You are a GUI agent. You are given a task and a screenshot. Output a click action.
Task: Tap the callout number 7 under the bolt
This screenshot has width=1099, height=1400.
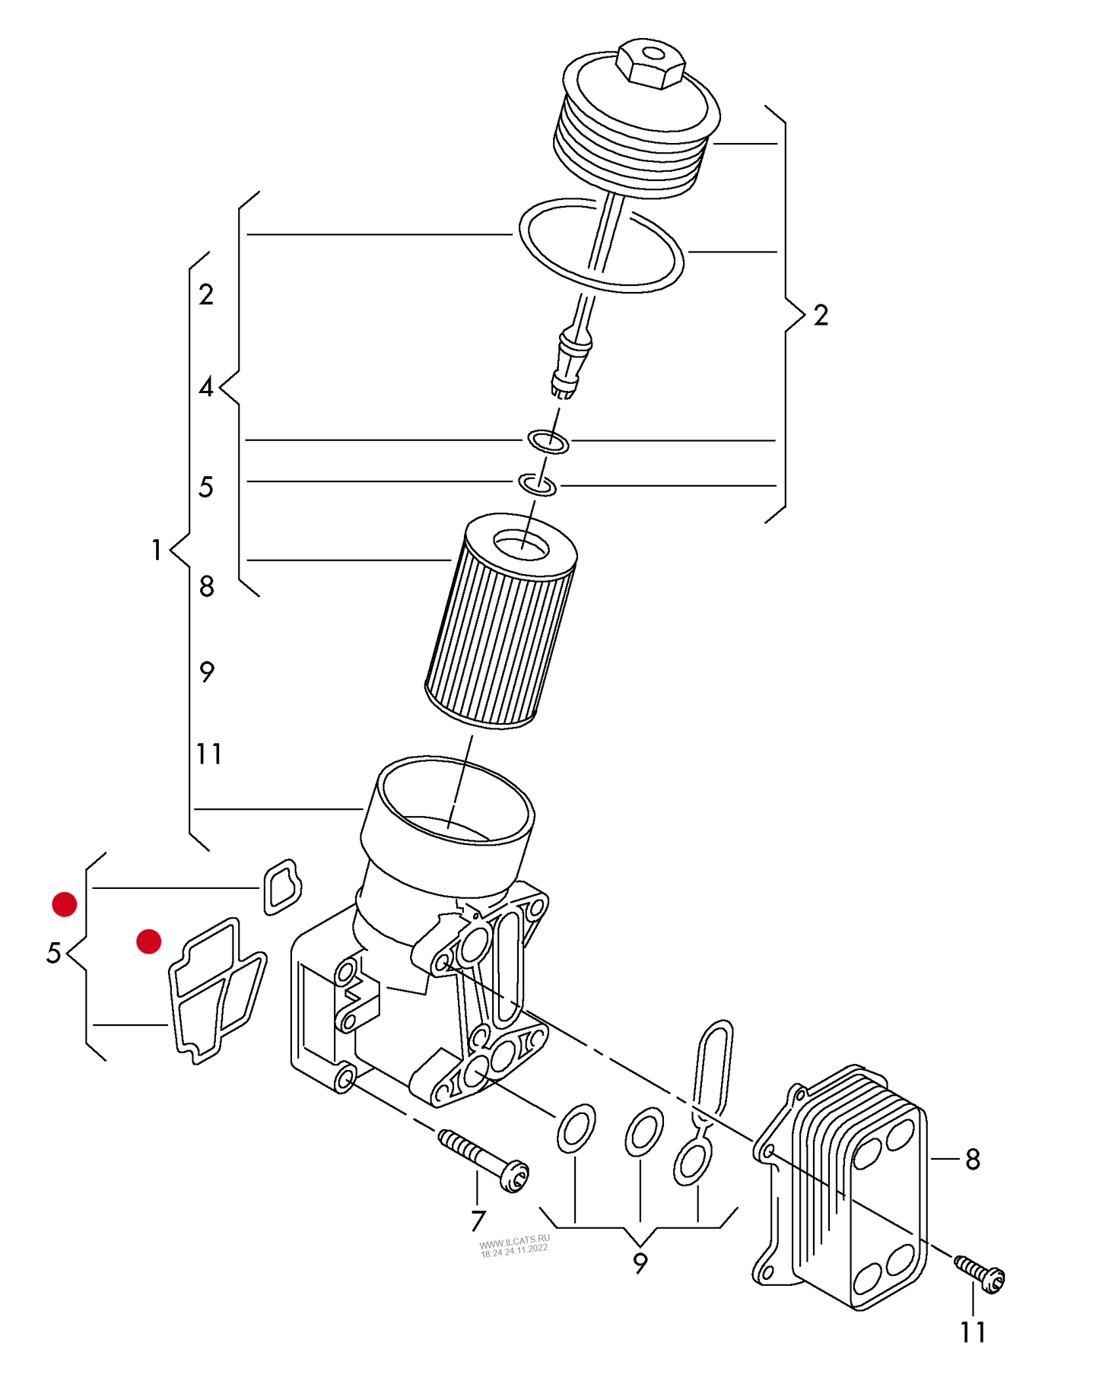coord(478,1221)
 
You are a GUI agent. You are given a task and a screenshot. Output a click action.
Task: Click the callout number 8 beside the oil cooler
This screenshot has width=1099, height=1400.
coord(973,1160)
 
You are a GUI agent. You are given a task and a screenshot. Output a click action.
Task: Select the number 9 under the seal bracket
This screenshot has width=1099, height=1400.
coord(640,1263)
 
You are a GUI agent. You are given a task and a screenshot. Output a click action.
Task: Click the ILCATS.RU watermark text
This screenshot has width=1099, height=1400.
coord(514,1246)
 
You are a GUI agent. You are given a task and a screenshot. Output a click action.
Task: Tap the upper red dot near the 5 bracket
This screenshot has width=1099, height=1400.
coord(64,904)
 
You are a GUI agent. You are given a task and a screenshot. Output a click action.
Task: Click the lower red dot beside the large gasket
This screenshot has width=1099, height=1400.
coord(148,941)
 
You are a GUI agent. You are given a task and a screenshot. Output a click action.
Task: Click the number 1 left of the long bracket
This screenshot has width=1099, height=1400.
coord(156,550)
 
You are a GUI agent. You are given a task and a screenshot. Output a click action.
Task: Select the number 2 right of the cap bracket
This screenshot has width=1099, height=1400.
coord(821,316)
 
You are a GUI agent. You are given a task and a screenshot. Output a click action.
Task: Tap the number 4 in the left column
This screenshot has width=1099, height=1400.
coord(206,388)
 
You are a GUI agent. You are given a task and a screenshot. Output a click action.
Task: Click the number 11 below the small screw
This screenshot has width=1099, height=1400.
coord(973,1333)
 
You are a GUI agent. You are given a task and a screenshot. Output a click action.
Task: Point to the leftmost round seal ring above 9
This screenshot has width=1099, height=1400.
coord(576,1129)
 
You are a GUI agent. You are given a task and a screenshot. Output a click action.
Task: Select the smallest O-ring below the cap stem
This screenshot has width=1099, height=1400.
coord(537,484)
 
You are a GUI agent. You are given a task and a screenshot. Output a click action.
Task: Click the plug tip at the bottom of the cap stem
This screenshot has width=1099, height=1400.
coord(564,388)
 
